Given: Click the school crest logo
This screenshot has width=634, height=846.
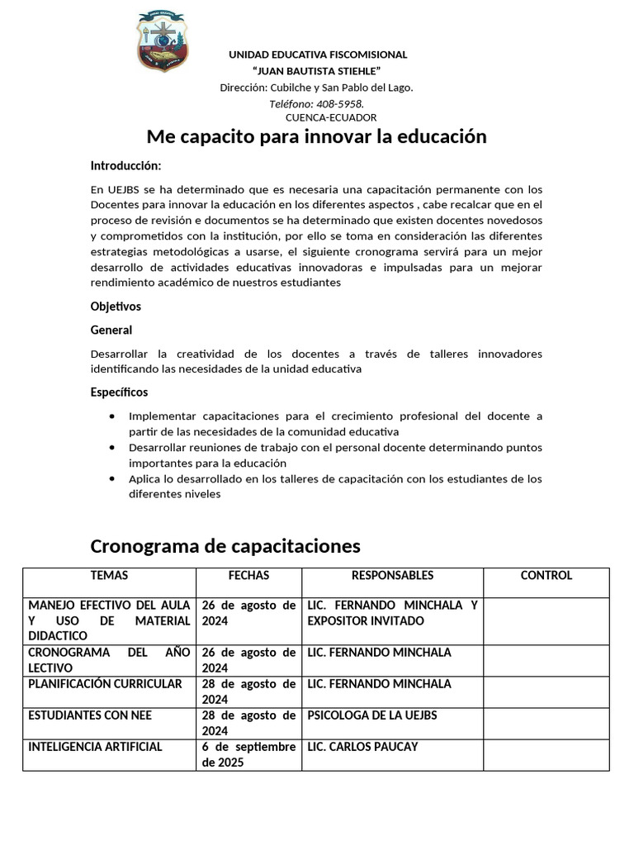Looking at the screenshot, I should click(162, 40).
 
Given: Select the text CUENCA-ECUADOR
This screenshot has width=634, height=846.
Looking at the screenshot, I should click(319, 117).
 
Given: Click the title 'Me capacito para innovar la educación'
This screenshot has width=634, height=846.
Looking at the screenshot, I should click(316, 136).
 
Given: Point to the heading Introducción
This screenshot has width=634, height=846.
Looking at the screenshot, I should click(125, 165).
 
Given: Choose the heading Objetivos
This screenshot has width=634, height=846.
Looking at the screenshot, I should click(116, 307).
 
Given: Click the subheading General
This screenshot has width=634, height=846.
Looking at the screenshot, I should click(111, 330).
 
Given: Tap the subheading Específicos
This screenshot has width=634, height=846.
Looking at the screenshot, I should click(119, 392).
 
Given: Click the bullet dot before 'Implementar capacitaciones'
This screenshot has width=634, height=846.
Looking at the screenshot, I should click(112, 416).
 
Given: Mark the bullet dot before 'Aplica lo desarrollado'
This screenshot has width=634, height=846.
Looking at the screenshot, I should click(112, 479).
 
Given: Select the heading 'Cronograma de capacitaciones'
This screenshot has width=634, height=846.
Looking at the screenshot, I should click(225, 546).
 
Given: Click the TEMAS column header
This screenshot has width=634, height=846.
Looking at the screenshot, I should click(109, 576).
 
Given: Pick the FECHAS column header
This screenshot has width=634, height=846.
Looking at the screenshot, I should click(248, 576).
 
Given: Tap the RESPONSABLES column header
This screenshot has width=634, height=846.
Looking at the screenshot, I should click(392, 576).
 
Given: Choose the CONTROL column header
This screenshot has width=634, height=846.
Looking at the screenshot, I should click(546, 576).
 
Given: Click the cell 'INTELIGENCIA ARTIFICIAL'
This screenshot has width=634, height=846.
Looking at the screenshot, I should click(95, 747).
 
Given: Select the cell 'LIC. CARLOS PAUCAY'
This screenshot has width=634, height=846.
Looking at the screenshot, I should click(362, 747).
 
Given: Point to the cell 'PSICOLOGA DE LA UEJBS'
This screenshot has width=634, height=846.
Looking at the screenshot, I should click(371, 715).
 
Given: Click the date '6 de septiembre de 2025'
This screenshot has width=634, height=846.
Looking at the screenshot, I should click(248, 754).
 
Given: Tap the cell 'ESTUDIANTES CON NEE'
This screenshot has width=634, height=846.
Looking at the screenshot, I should click(90, 715).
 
